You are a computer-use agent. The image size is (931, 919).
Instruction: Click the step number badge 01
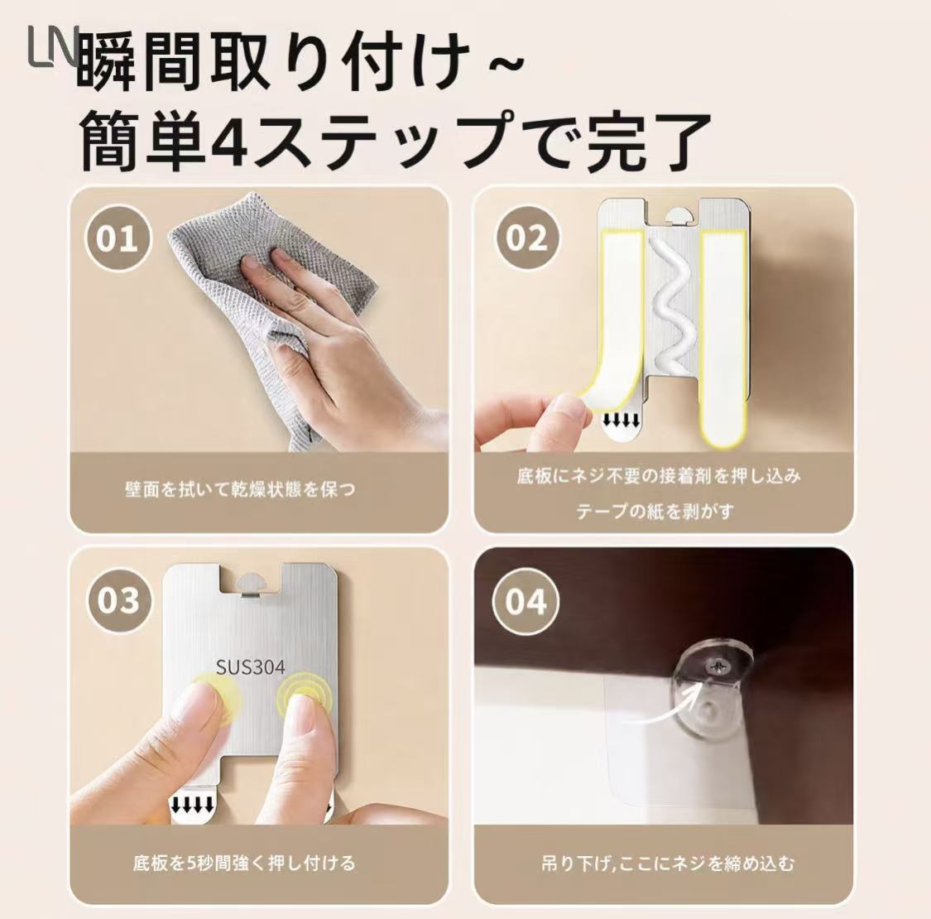pos(118,238)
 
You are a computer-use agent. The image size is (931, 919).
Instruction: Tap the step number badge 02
pos(526,238)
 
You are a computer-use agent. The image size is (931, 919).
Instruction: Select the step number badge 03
pos(118,600)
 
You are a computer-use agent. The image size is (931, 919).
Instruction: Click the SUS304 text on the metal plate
pos(250,666)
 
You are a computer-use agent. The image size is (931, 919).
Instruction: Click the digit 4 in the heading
pos(229,142)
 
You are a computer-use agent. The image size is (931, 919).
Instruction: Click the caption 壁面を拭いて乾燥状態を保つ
pos(240,489)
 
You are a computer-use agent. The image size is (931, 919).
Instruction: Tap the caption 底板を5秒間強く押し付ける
pos(244,863)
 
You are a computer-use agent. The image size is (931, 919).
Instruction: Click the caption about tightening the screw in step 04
pos(667,863)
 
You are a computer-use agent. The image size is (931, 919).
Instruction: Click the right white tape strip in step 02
pos(722,338)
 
